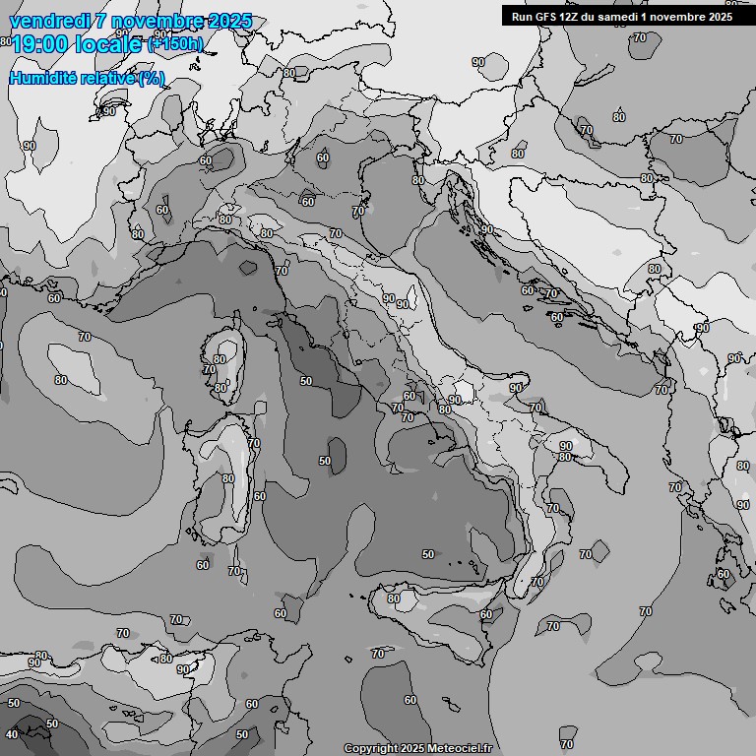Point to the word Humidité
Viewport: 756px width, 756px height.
pyautogui.click(x=45, y=78)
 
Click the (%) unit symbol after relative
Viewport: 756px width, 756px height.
pyautogui.click(x=152, y=78)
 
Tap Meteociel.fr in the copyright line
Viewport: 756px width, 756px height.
pyautogui.click(x=461, y=749)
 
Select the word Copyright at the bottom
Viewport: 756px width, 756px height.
pyautogui.click(x=371, y=749)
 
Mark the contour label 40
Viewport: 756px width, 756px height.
pyautogui.click(x=12, y=734)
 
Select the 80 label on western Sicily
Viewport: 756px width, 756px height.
pyautogui.click(x=394, y=598)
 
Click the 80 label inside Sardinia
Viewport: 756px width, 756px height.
pyautogui.click(x=228, y=479)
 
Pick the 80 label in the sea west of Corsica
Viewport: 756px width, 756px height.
pyautogui.click(x=61, y=380)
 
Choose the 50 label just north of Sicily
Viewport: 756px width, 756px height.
pyautogui.click(x=428, y=555)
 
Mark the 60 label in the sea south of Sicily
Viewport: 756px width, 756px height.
pyautogui.click(x=410, y=700)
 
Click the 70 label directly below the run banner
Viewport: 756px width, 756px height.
pyautogui.click(x=640, y=37)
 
